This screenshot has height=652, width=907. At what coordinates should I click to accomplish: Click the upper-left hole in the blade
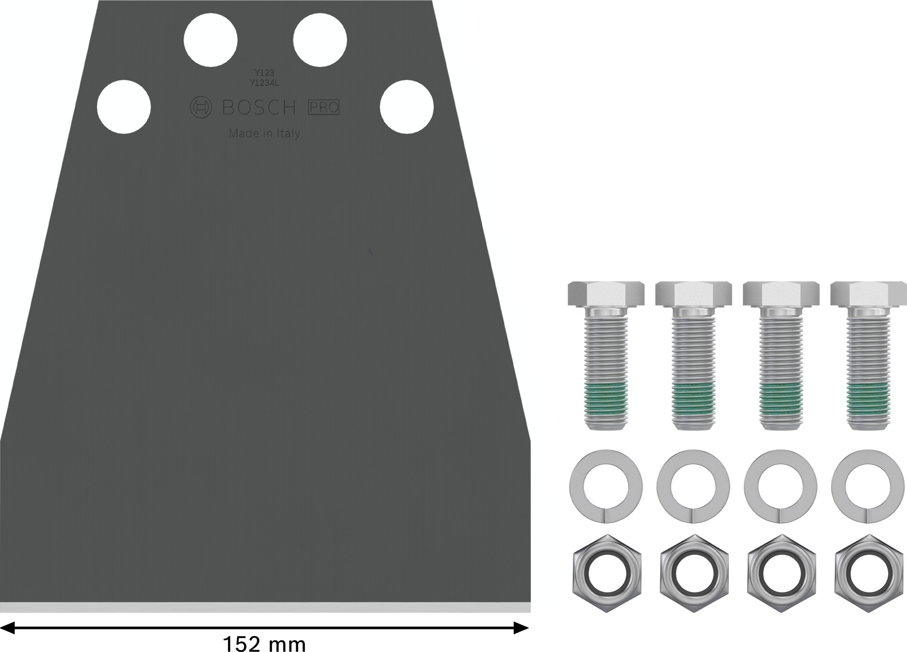click(x=210, y=41)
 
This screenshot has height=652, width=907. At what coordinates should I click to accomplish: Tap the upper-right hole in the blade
click(x=320, y=41)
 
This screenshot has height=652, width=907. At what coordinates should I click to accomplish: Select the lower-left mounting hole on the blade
click(x=124, y=107)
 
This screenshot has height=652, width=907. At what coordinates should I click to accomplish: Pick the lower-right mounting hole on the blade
click(x=407, y=107)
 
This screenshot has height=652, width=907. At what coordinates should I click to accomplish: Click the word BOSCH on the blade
click(x=259, y=108)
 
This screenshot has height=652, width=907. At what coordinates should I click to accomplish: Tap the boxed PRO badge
click(x=324, y=108)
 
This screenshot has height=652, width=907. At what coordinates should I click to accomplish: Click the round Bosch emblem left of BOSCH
click(x=200, y=108)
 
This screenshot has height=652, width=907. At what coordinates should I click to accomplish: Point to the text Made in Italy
click(x=264, y=133)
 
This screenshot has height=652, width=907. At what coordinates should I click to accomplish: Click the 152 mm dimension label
click(x=264, y=643)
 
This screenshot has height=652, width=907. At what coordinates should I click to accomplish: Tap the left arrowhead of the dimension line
click(x=8, y=628)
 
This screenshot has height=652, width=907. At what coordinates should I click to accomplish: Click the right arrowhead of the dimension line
click(x=522, y=628)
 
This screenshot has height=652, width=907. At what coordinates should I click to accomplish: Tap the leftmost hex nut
click(x=606, y=573)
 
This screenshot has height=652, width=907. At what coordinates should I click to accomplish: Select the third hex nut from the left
click(x=781, y=573)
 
